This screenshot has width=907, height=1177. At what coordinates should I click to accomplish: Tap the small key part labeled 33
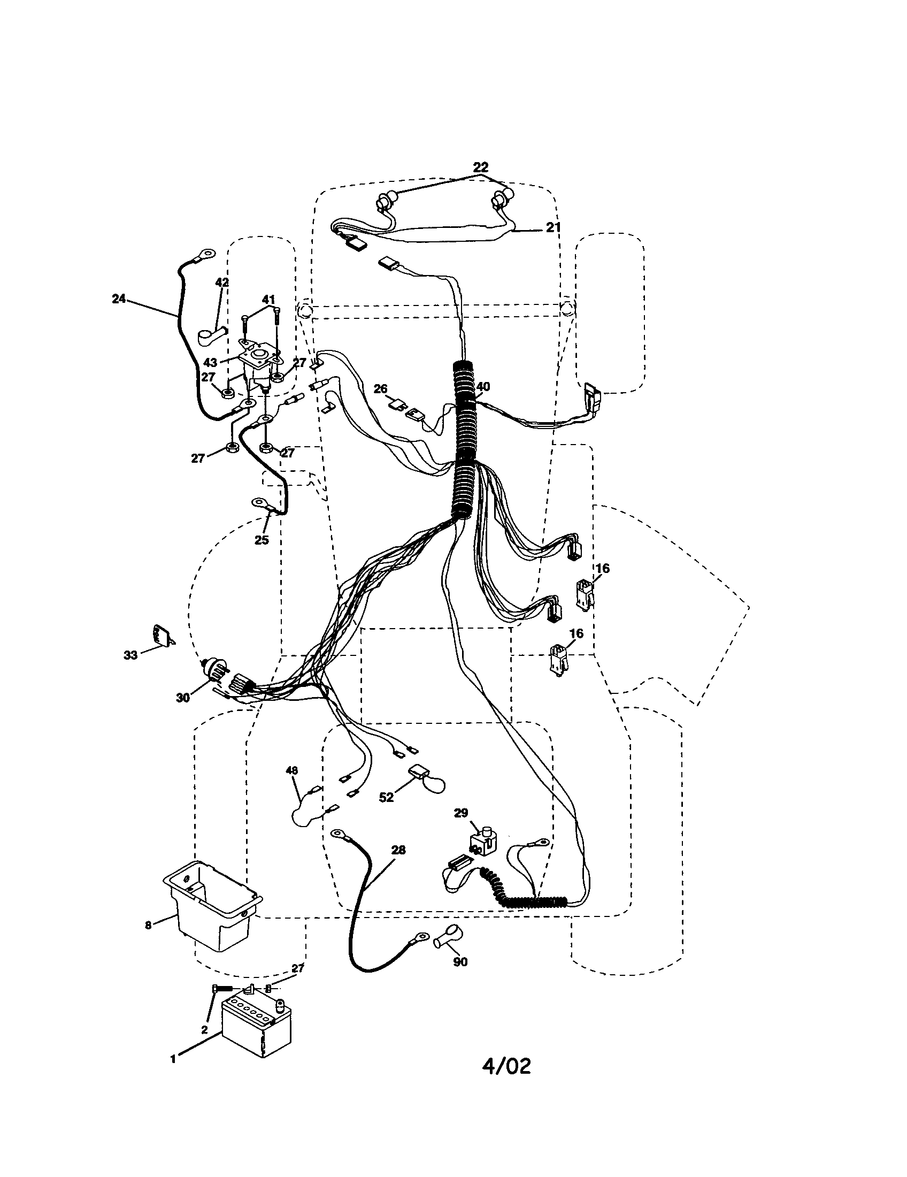point(162,635)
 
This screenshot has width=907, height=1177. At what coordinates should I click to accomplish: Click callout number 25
point(261,539)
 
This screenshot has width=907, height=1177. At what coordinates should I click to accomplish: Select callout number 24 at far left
point(119,299)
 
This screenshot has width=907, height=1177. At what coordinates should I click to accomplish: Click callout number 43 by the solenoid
point(210,363)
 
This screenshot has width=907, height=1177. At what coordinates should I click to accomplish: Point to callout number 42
point(222,282)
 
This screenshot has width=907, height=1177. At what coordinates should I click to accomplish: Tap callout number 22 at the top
point(480,166)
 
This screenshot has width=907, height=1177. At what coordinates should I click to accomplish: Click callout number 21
point(553,227)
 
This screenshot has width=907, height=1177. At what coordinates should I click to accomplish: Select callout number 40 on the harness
point(483,386)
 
